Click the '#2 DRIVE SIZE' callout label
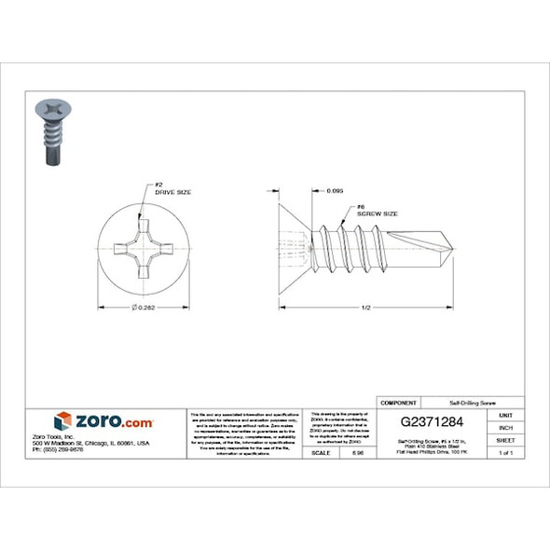pyautogui.click(x=172, y=188)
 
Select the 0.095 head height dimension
pyautogui.click(x=333, y=191)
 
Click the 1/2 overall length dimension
pyautogui.click(x=365, y=308)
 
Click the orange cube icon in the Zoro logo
pyautogui.click(x=63, y=421)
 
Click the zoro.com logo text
pyautogui.click(x=114, y=421)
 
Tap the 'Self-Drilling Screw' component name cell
pyautogui.click(x=472, y=401)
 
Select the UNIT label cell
pyautogui.click(x=505, y=415)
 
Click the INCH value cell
pyautogui.click(x=505, y=427)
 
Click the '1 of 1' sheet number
pyautogui.click(x=505, y=452)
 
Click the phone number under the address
pyautogui.click(x=58, y=450)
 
